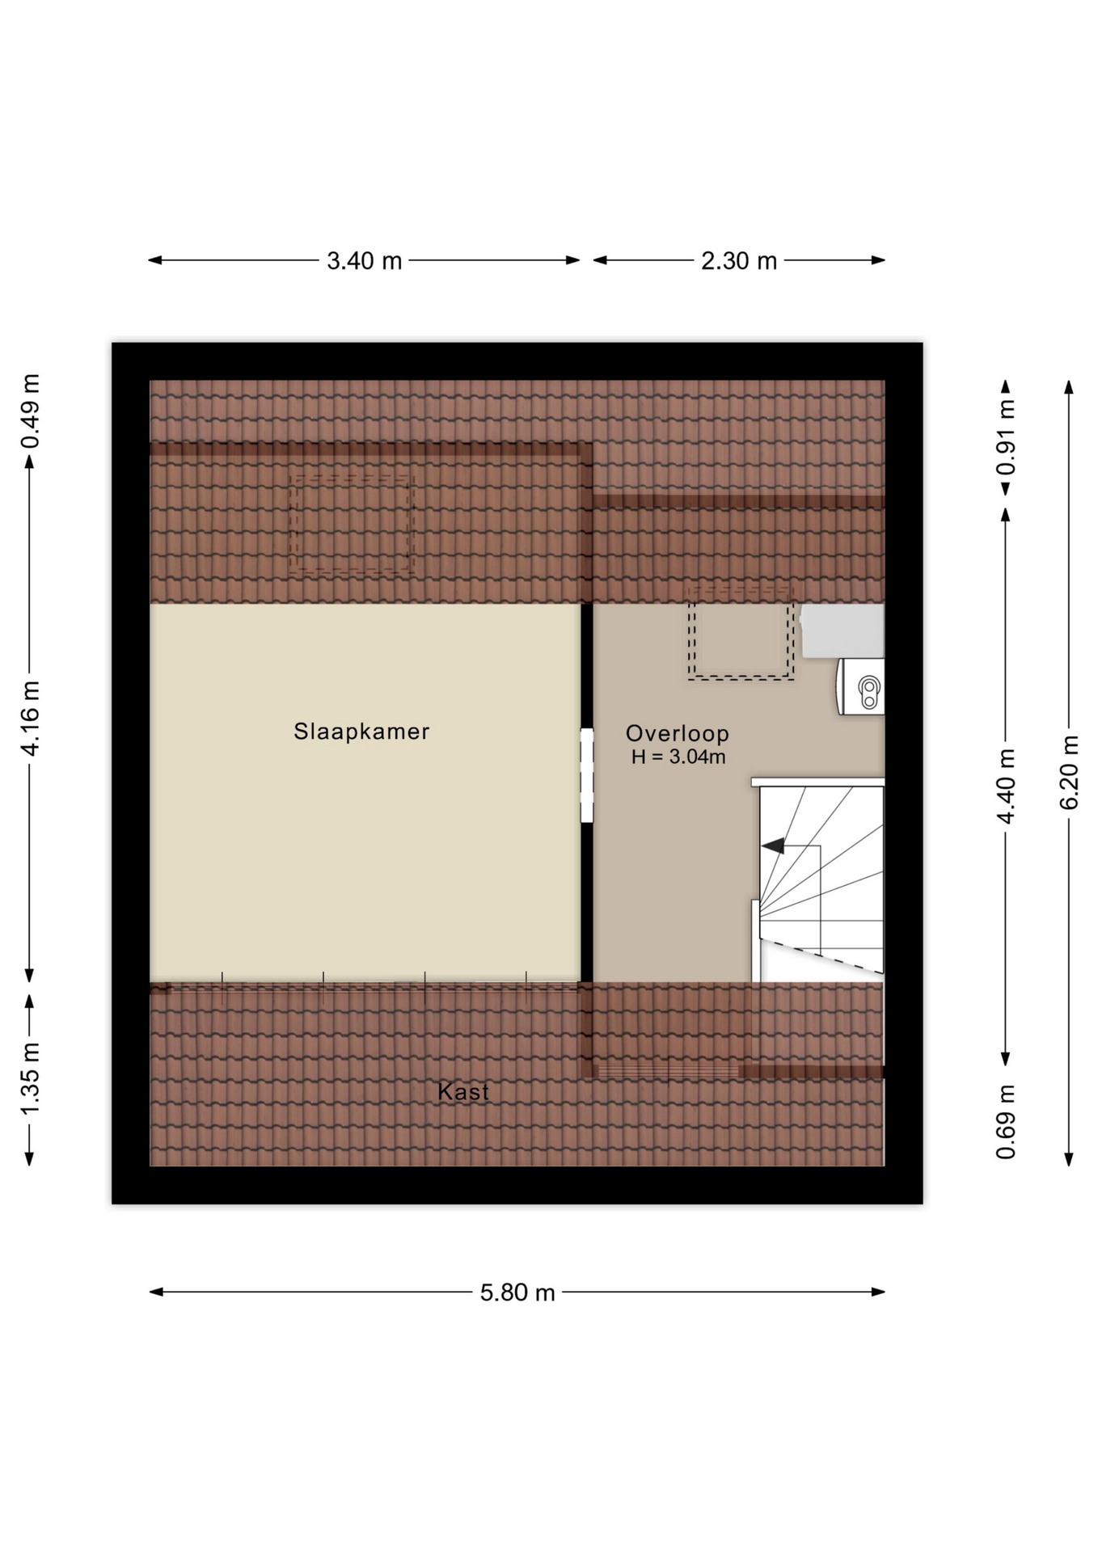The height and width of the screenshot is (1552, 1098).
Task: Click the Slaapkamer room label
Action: coord(361,732)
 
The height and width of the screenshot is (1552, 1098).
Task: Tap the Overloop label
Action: coord(678,733)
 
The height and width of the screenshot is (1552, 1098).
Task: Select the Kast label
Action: coord(463,1092)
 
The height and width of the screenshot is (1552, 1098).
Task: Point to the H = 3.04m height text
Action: coord(678,757)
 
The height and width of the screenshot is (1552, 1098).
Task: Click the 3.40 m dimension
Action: coord(364,261)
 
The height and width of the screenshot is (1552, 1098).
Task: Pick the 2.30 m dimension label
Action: coord(739,261)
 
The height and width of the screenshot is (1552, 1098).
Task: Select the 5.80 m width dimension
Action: coord(517,1293)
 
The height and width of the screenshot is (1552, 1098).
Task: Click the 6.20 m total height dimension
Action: coord(1069,772)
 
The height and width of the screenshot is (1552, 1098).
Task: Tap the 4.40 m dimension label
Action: coord(1006,787)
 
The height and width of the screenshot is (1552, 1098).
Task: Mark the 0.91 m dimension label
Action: coord(1006,437)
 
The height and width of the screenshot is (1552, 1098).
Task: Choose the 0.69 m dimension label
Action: coord(1006,1121)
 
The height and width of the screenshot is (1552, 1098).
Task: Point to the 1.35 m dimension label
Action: coord(30,1079)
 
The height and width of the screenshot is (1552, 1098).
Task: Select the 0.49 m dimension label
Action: coord(30,411)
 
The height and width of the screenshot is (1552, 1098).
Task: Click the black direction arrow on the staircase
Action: coord(774,846)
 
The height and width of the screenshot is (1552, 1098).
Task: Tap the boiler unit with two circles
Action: coord(861,687)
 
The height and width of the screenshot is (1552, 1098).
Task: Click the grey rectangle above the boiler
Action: coord(843,630)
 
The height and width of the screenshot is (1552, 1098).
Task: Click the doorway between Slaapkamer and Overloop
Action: coord(587,776)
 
